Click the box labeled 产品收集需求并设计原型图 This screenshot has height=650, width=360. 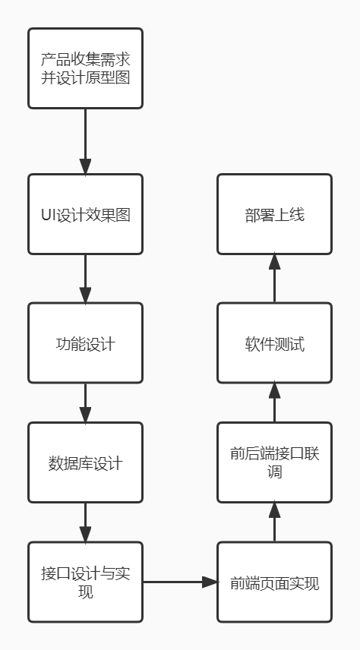tap(85, 68)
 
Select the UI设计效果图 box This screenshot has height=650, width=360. tap(85, 214)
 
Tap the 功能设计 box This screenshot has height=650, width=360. tap(85, 342)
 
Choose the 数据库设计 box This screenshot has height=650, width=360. tap(85, 462)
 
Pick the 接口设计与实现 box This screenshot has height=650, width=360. tap(85, 582)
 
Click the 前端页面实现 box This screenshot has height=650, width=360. tap(275, 582)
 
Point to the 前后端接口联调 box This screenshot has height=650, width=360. tap(275, 462)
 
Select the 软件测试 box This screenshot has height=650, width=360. tap(275, 342)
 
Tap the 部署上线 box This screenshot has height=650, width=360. tap(275, 214)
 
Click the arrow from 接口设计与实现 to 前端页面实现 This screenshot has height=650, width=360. tap(180, 582)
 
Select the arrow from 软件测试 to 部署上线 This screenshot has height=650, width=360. tap(275, 278)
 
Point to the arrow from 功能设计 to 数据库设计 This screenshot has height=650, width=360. tap(85, 403)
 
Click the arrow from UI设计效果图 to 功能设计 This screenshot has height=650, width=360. tap(85, 279)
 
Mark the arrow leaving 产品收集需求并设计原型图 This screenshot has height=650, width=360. tap(85, 141)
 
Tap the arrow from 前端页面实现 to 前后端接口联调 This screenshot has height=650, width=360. tap(275, 522)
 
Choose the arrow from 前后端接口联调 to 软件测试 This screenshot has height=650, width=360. tap(275, 402)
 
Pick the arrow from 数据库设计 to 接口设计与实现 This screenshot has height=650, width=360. tap(85, 522)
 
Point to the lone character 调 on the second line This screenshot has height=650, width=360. tap(275, 472)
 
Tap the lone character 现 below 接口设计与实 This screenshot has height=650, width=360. tap(85, 591)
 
